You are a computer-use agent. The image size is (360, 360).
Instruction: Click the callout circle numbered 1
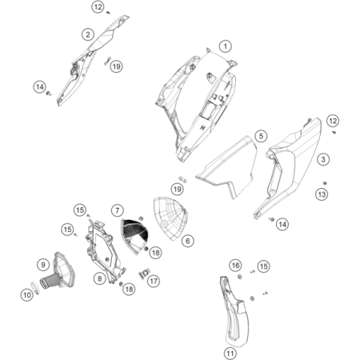(x=226, y=46)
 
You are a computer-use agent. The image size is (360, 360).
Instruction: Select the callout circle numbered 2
(x=88, y=34)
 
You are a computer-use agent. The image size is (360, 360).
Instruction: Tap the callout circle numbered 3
(x=323, y=159)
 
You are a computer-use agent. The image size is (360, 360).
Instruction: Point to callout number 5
(x=261, y=136)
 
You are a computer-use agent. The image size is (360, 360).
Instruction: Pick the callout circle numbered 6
(x=188, y=241)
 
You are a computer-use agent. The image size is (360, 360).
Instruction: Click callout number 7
(x=118, y=210)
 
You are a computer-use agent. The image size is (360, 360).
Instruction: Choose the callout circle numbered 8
(x=99, y=278)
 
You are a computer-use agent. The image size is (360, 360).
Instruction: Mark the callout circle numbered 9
(x=43, y=265)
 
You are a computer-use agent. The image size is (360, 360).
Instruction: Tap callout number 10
(x=27, y=295)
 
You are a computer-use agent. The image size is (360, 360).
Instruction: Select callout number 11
(x=230, y=354)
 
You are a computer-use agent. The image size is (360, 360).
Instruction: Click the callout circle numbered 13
(x=322, y=194)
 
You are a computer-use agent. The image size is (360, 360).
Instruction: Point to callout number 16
(x=235, y=266)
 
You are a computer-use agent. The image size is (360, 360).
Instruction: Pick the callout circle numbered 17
(x=154, y=281)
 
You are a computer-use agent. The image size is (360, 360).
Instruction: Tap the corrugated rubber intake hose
(x=48, y=283)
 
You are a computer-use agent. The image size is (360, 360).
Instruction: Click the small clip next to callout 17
(x=145, y=273)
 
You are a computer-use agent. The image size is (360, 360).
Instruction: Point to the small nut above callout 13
(x=325, y=183)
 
